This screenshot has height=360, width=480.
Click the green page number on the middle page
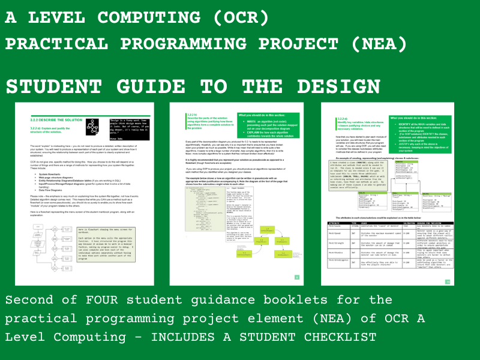(296, 277)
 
